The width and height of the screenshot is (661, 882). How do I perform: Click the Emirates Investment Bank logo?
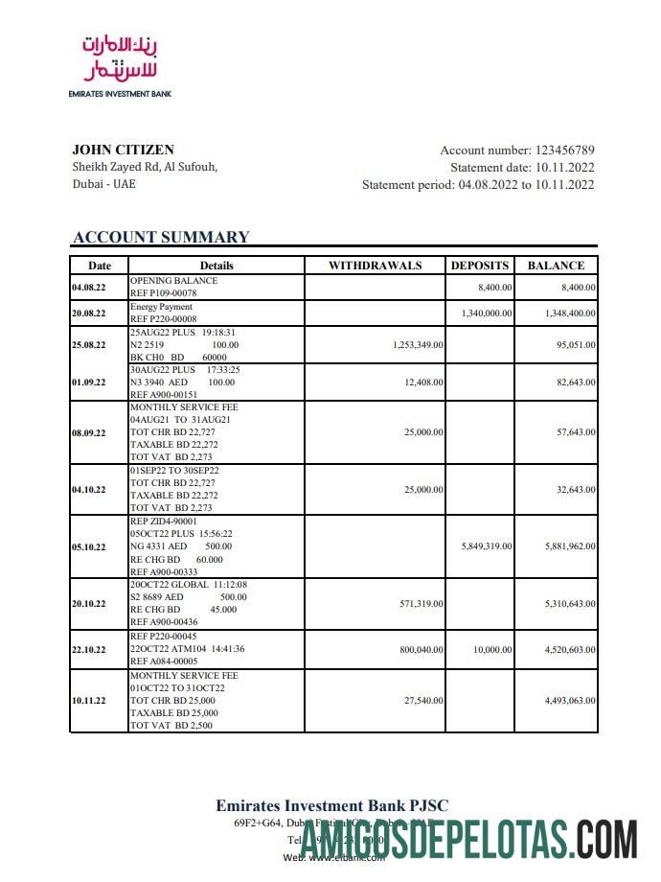tap(119, 63)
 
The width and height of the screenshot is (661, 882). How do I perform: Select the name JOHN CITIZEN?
tap(123, 150)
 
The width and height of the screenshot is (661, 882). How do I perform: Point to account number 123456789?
tap(564, 150)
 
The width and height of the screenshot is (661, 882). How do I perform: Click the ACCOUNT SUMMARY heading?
tap(161, 237)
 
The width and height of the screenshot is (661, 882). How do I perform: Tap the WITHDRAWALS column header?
tap(375, 266)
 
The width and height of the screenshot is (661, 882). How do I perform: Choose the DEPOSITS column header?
tap(480, 266)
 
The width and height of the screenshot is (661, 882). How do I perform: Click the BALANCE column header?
tap(556, 266)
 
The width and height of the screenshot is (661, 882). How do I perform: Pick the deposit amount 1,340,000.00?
tap(487, 313)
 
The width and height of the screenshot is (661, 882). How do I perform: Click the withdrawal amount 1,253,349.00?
tap(418, 344)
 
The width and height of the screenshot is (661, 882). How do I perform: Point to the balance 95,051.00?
tap(575, 344)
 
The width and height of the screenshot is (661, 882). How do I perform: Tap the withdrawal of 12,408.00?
tap(422, 382)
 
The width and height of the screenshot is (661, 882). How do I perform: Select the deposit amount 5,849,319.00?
tap(487, 546)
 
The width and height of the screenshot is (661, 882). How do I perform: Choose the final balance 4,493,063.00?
tap(570, 701)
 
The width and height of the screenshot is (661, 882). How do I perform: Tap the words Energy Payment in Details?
tap(161, 307)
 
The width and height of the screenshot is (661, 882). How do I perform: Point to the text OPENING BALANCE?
tap(173, 281)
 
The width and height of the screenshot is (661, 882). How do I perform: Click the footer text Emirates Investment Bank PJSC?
tap(331, 805)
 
